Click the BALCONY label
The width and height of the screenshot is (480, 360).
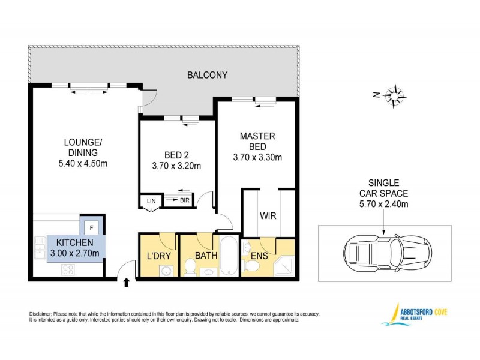point(207,75)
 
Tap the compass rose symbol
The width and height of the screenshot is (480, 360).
point(395,95)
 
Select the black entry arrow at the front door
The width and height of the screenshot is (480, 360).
point(127,283)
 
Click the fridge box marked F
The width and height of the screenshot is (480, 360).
point(91,227)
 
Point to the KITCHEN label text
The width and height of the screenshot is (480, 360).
point(74,242)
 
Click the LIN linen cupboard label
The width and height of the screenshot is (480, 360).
point(150,202)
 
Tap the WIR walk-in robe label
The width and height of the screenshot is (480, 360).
point(268,215)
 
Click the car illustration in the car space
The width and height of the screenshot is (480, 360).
point(385,251)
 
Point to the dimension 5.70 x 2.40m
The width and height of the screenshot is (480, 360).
point(383,204)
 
